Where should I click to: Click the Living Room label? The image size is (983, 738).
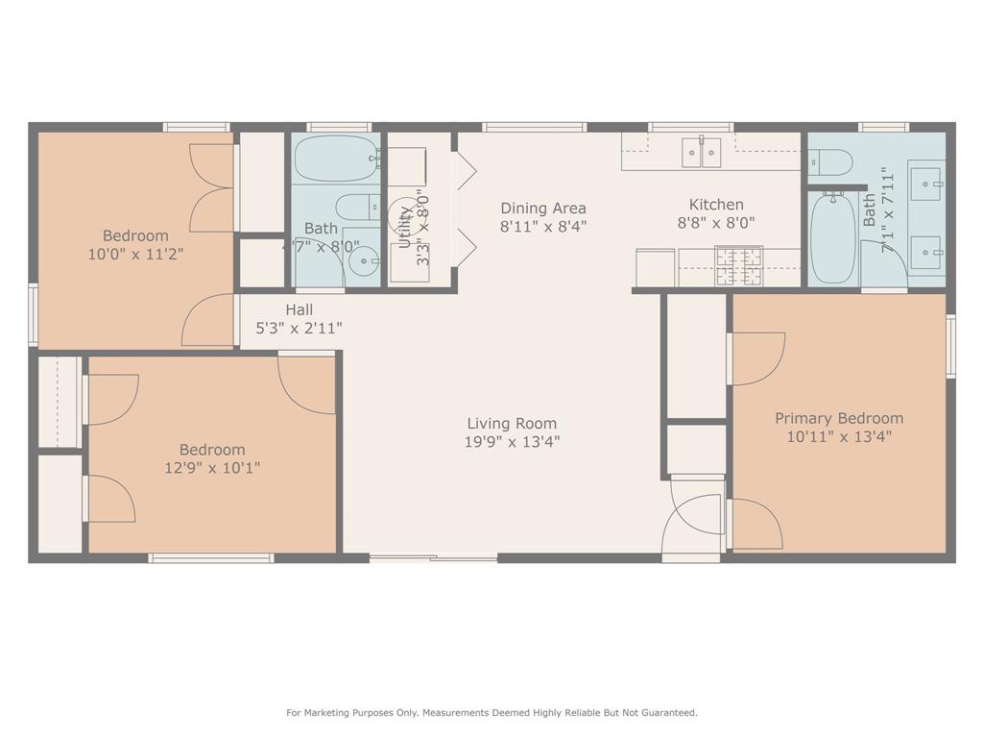point(512,423)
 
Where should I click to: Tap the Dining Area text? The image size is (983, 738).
point(542,208)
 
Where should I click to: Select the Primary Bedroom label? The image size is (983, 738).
point(839,418)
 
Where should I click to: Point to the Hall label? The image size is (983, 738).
point(299,309)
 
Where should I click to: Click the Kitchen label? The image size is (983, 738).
point(716,205)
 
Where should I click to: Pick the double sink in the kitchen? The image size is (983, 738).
point(701,151)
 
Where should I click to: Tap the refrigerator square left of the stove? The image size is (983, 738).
point(656,266)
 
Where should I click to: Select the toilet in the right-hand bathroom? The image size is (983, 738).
point(829,162)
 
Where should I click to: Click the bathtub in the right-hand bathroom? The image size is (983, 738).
point(831,238)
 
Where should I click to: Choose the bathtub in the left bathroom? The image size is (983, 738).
point(335,159)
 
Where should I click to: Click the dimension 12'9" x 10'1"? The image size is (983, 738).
point(212,468)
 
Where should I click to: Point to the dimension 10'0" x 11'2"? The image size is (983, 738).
point(135,255)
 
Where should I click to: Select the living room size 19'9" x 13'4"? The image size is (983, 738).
point(512,442)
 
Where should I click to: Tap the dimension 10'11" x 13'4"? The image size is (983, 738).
point(839,436)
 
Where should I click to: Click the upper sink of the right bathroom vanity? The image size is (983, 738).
point(926,180)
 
